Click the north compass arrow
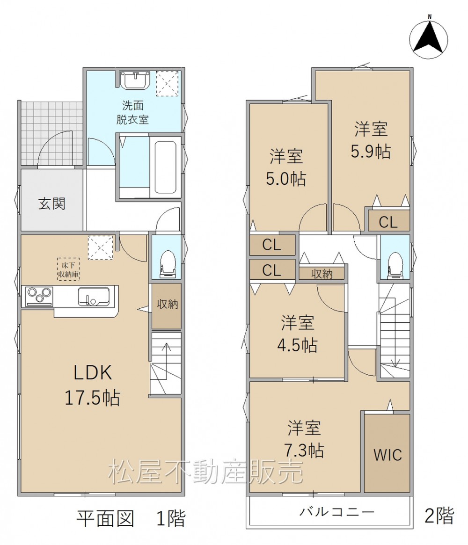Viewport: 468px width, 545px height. pos(429,36)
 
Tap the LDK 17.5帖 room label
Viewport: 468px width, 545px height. pos(93,385)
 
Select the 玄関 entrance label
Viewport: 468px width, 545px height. pos(52,203)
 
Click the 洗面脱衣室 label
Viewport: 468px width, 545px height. pos(132,112)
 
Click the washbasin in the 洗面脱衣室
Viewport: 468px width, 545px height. pos(135,80)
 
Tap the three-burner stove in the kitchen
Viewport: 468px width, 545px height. pos(39,297)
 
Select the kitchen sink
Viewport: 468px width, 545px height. pos(94,297)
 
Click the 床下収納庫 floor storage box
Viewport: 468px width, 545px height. pos(68,269)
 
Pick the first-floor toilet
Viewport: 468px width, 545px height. pos(167,264)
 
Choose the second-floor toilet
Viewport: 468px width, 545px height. pos(395,265)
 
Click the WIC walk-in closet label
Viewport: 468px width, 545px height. pos(388,455)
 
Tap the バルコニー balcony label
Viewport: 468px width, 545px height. pos(337,512)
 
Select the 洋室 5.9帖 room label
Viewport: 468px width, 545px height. pos(371,140)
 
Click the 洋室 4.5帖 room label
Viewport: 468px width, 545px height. pos(297,334)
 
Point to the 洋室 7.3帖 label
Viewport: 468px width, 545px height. pos(304,439)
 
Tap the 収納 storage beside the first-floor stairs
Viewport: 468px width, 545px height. pos(167,305)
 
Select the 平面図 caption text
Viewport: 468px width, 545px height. pos(105,518)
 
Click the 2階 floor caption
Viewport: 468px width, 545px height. pos(439,515)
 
